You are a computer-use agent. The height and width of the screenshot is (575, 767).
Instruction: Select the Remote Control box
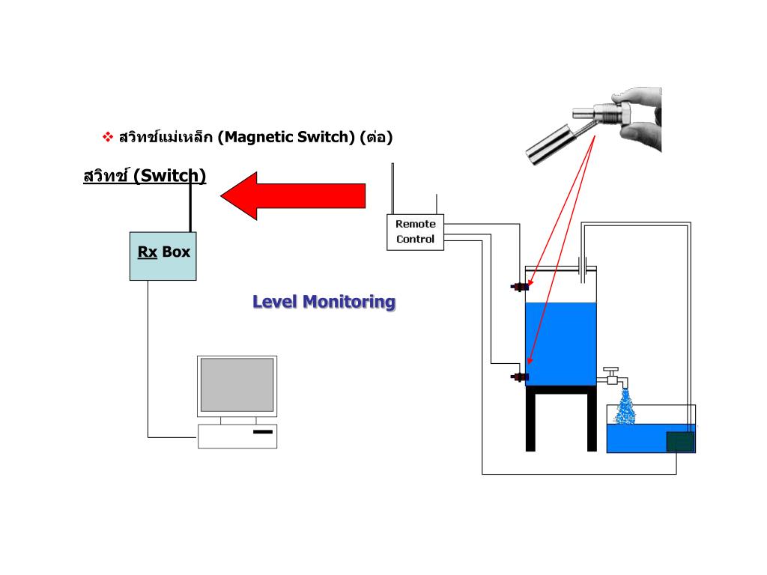point(415,232)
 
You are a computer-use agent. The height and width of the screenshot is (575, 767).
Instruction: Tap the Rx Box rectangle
point(163,255)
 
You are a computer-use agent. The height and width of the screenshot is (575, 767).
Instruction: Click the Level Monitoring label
point(324,302)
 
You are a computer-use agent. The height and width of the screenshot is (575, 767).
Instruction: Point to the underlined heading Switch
point(144,176)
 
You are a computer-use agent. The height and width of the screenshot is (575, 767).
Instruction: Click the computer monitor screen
point(237,385)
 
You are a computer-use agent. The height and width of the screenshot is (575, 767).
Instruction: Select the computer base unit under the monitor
point(237,436)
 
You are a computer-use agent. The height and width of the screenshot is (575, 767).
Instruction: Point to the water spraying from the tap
point(625,408)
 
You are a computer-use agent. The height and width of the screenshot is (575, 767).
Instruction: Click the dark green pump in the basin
point(680,442)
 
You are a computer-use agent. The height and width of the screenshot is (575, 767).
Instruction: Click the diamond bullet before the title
point(107,137)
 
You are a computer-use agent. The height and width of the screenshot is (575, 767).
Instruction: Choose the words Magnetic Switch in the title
point(288,137)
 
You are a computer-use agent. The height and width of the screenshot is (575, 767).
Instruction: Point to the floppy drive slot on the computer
point(263,432)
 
